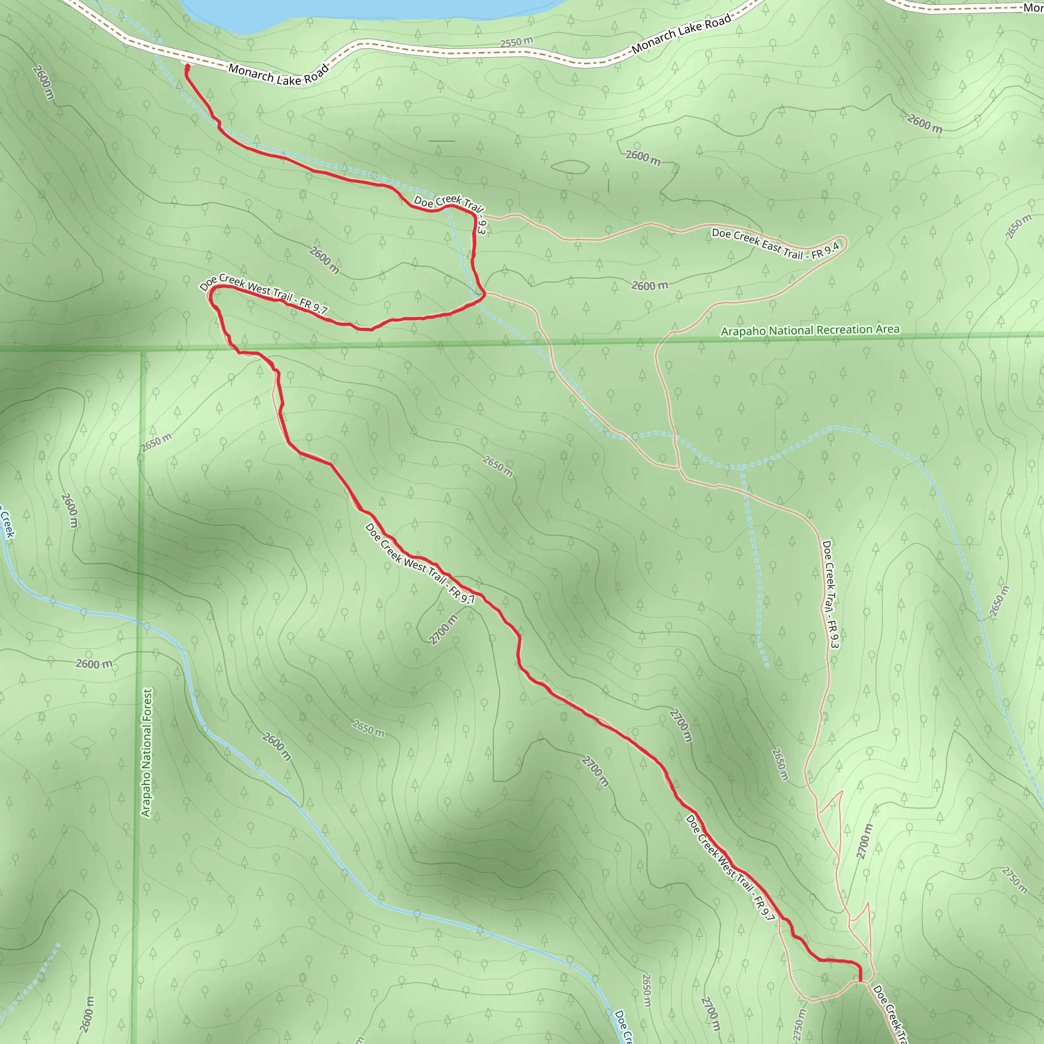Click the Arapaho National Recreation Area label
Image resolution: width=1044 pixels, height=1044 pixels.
pyautogui.click(x=810, y=330)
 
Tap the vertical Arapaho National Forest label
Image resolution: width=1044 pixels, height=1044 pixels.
pyautogui.click(x=146, y=752)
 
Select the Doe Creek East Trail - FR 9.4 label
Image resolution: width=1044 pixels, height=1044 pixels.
pyautogui.click(x=775, y=244)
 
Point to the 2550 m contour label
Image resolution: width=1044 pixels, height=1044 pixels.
pyautogui.click(x=516, y=42)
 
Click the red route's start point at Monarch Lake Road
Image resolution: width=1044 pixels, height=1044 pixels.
pyautogui.click(x=188, y=67)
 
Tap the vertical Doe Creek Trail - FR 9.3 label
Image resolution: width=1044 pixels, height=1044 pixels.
pyautogui.click(x=829, y=594)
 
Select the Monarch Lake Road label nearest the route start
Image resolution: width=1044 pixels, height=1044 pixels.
pyautogui.click(x=278, y=74)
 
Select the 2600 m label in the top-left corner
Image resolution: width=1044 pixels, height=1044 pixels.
pyautogui.click(x=43, y=82)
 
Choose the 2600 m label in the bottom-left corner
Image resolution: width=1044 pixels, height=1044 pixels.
pyautogui.click(x=87, y=1014)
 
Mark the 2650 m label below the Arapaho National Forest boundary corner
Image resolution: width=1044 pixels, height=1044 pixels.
pyautogui.click(x=156, y=442)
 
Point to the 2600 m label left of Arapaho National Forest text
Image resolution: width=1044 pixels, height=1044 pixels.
pyautogui.click(x=94, y=664)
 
